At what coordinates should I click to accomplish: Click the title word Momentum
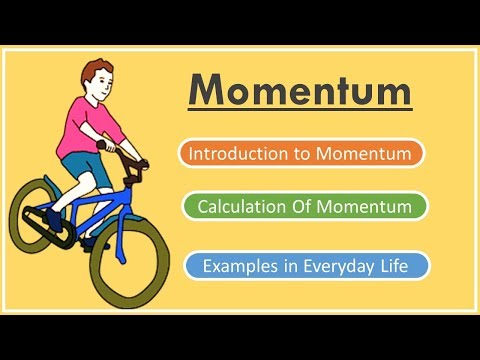tap(300, 91)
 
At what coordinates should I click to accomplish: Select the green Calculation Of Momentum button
tap(305, 207)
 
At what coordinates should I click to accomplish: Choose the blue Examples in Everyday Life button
tap(307, 266)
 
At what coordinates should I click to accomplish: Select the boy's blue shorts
tap(75, 165)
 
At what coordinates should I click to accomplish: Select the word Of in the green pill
tap(298, 207)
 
